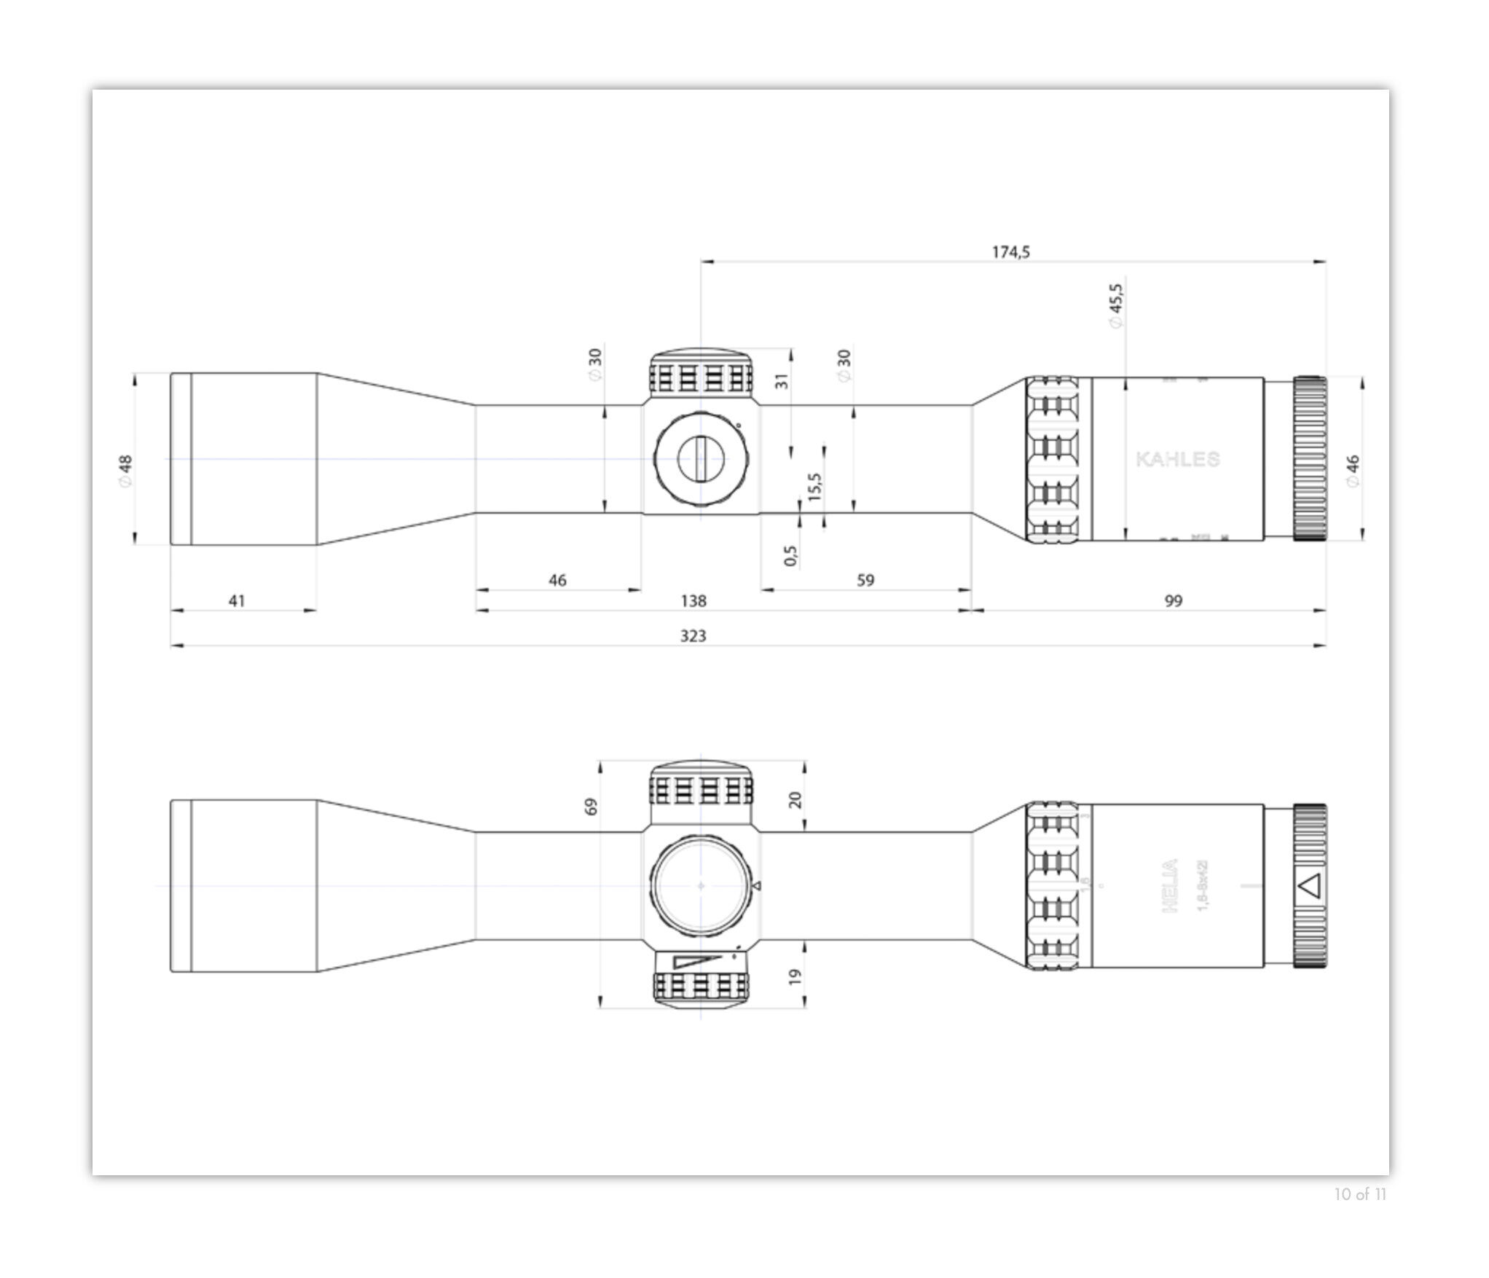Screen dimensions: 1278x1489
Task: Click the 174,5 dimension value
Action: [1010, 252]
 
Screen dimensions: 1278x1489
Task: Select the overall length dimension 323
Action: [693, 636]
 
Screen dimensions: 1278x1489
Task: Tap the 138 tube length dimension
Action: [693, 601]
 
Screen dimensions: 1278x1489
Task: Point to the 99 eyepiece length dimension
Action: [1173, 601]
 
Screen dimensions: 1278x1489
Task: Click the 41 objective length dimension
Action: [237, 601]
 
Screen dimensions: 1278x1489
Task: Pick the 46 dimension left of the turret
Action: [557, 581]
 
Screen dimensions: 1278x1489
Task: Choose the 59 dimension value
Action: [865, 581]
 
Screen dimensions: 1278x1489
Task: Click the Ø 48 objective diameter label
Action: [125, 471]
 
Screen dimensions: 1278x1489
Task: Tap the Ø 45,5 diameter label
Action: [1116, 306]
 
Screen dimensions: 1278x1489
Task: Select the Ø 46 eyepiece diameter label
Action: [1352, 471]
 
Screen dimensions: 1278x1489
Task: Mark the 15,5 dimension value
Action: [815, 486]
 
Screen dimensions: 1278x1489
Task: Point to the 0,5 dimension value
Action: [791, 556]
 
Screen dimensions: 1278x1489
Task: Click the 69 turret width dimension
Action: [591, 807]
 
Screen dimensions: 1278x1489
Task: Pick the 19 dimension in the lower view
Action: [795, 976]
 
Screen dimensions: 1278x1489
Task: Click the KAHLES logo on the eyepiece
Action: [1177, 460]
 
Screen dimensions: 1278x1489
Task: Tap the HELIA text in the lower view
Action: [1168, 886]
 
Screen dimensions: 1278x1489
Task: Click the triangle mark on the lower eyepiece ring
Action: [1309, 886]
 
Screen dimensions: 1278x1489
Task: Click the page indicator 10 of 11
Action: [1360, 1215]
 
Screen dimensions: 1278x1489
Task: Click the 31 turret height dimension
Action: [781, 381]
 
